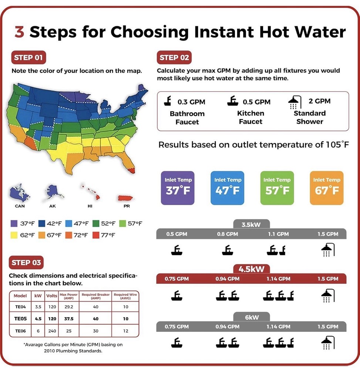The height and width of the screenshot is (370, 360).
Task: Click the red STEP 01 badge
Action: (29, 58)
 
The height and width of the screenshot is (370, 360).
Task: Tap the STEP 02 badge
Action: (174, 58)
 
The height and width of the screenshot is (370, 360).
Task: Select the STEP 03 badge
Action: (26, 263)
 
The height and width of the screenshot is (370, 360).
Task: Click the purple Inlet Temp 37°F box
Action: (178, 188)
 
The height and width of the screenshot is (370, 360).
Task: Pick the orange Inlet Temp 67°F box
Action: (326, 188)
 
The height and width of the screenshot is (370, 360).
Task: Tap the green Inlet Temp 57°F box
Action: (277, 188)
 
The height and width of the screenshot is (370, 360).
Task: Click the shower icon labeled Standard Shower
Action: (293, 102)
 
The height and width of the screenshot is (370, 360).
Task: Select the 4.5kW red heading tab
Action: (251, 269)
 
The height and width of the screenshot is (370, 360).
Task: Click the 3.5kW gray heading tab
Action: (251, 224)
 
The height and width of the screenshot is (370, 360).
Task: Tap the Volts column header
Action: (51, 296)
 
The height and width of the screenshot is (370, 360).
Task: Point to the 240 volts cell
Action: (51, 330)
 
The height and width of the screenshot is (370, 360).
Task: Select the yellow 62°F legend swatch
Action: (14, 235)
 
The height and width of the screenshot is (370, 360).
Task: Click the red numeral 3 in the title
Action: (19, 32)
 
